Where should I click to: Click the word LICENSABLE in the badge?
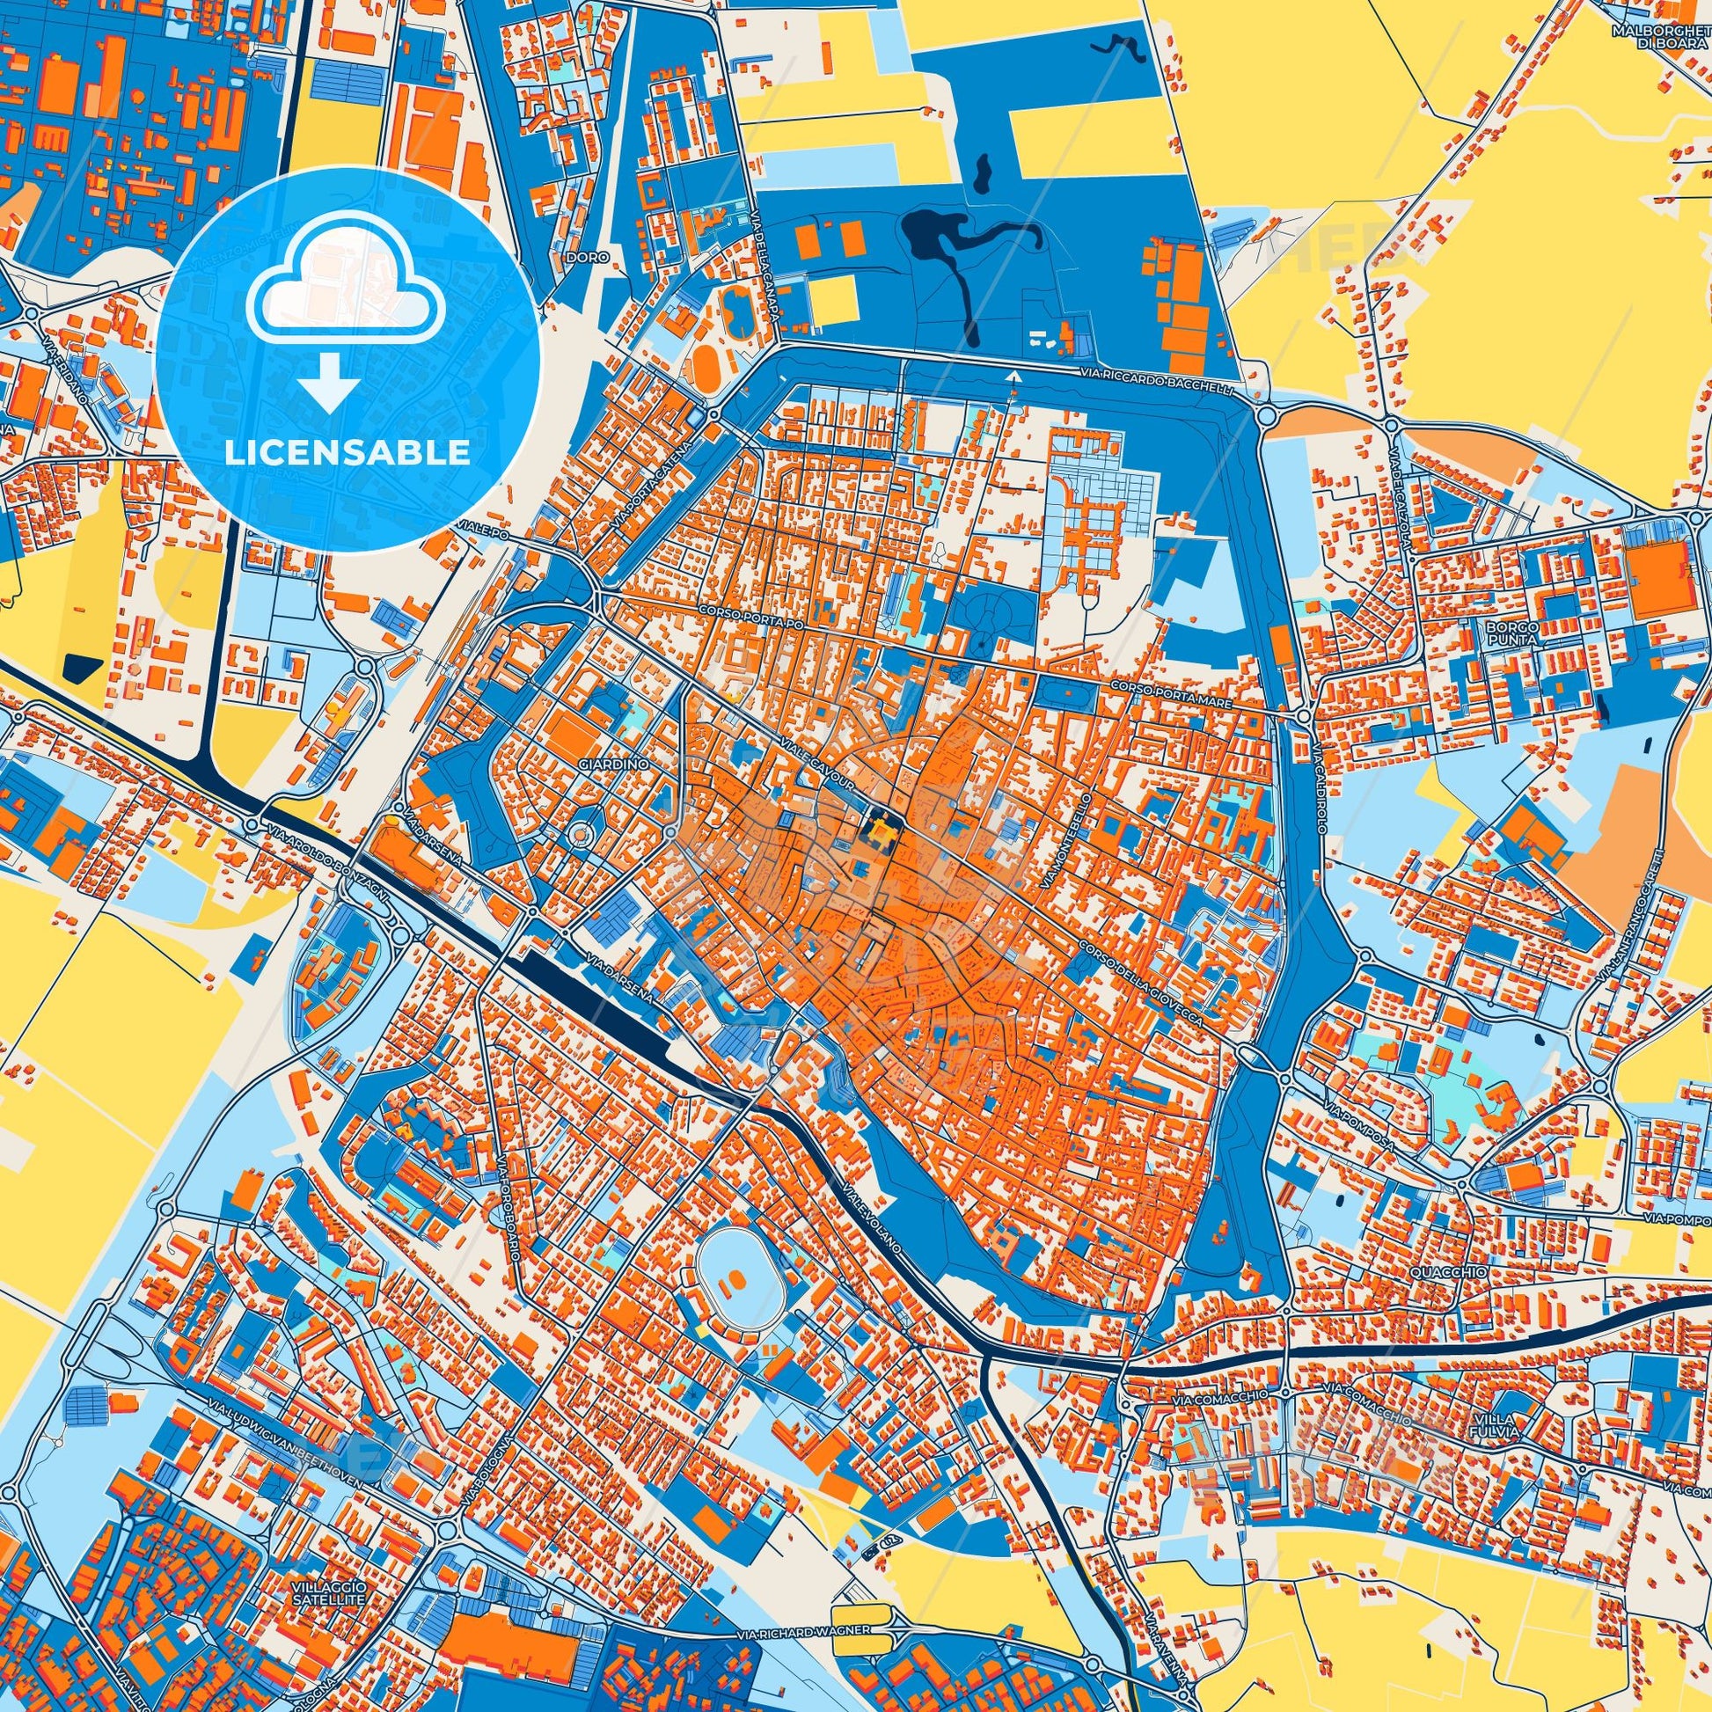pyautogui.click(x=347, y=453)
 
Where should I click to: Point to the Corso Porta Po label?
pyautogui.click(x=743, y=623)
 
